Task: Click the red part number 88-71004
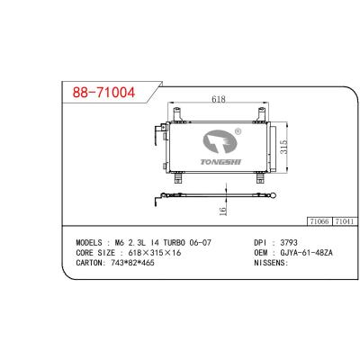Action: (x=103, y=93)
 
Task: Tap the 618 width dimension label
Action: (x=219, y=99)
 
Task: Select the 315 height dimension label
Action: (x=283, y=147)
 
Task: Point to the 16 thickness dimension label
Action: (x=222, y=211)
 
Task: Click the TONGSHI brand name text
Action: (x=220, y=162)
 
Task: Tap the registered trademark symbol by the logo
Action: (x=238, y=131)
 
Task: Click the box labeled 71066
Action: (x=319, y=221)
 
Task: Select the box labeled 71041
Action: (x=345, y=221)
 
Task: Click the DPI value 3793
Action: (x=289, y=242)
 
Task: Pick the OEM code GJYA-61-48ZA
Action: (x=306, y=253)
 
